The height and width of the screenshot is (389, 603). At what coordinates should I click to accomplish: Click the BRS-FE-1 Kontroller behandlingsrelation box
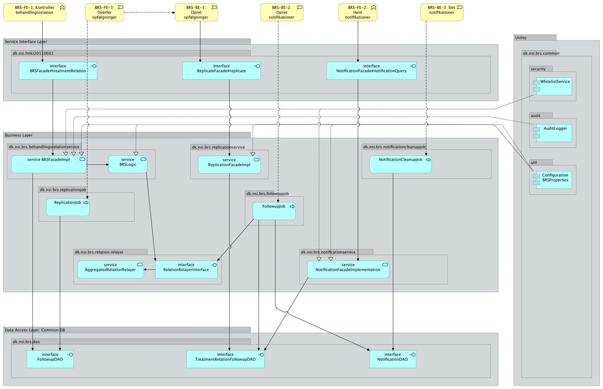coord(34,12)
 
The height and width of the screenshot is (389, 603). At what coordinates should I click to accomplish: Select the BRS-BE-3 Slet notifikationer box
coord(441,12)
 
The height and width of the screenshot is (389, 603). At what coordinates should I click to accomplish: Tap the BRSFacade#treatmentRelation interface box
coord(58,71)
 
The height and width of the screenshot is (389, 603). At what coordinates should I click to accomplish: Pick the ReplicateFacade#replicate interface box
coord(221,71)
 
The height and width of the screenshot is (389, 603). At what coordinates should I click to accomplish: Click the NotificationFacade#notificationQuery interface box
coord(371,71)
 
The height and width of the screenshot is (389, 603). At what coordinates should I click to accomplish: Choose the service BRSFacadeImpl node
coord(49,164)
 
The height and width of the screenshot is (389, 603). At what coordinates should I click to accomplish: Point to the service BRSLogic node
coord(128,164)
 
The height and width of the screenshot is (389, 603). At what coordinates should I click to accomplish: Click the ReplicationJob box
coord(68,207)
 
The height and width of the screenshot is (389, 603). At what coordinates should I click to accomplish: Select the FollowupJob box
coord(274,211)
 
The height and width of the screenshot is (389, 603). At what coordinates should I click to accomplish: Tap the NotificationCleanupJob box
coord(400,164)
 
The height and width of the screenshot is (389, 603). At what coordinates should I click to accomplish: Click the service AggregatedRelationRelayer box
coord(110,269)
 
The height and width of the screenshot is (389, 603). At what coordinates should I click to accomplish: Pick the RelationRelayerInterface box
coord(186,269)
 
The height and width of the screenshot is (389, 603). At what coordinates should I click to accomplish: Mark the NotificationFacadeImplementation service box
coord(348,269)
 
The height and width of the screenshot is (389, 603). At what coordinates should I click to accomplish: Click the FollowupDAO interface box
coord(50,359)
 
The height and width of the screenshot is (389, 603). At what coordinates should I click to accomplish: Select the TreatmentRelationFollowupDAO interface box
coord(225,359)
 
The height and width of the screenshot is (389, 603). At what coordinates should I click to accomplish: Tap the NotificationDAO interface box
coord(393,359)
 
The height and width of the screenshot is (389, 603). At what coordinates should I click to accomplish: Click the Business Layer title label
coord(19,135)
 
